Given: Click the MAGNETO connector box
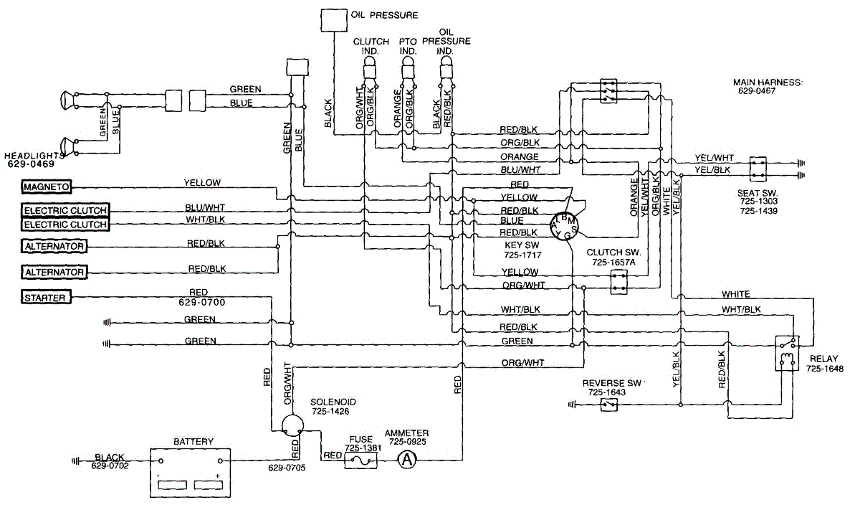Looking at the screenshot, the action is point(46,187).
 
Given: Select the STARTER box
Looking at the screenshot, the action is point(46,298).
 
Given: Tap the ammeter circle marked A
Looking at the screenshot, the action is point(407,460).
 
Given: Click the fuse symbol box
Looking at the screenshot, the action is point(360,460).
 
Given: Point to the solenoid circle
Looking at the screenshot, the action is point(292,425).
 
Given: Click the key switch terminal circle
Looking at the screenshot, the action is point(564,227).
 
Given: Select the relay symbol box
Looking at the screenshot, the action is point(787,353).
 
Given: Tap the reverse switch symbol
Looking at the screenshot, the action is point(608,405).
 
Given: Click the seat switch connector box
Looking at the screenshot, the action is point(758,169).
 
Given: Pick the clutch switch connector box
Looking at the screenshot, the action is point(619,282).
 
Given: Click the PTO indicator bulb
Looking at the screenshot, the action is point(408,68).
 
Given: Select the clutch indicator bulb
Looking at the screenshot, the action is point(369,68).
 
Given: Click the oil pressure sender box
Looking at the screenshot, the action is point(334,21).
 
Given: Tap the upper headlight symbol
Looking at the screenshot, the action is point(65,100).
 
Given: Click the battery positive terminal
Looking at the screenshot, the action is point(220,461).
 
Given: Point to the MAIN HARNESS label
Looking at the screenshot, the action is point(768,82).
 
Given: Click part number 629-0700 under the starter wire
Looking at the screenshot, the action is point(201,302).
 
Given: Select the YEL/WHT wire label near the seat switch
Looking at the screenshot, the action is point(714,158).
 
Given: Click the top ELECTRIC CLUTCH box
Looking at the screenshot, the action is point(65,211).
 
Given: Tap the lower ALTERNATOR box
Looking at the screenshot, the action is point(54,272).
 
